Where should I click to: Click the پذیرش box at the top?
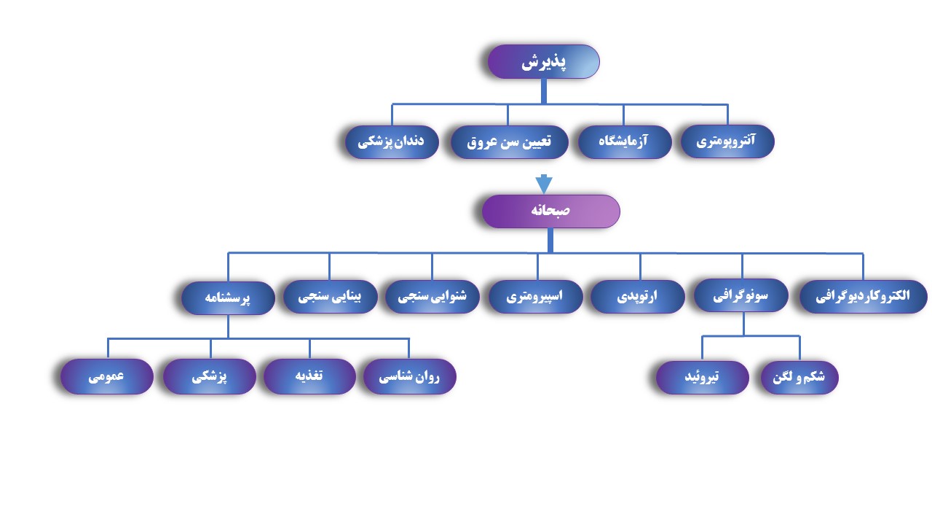[543, 62]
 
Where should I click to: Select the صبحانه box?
[550, 211]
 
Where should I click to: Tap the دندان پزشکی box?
[391, 141]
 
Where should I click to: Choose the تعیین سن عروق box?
[508, 141]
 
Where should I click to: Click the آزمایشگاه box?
[623, 141]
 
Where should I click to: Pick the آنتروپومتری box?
[726, 141]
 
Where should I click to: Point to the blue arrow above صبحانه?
[543, 183]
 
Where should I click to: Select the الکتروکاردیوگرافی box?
[863, 297]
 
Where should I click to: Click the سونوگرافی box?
[741, 296]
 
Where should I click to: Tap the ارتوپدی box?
[637, 297]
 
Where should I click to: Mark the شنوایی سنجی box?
[432, 297]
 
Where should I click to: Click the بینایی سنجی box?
[330, 297]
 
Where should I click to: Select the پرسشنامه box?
[228, 298]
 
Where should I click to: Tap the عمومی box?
[106, 377]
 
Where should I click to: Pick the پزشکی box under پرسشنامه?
[210, 377]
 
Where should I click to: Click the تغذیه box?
[309, 377]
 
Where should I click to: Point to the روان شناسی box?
[409, 377]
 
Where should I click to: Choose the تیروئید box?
[702, 378]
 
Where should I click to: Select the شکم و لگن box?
[799, 378]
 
